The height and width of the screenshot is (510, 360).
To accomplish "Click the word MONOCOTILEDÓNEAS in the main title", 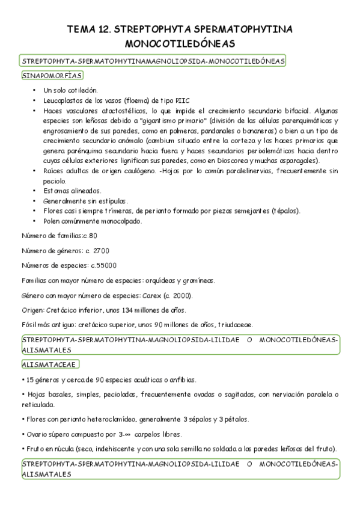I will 179,44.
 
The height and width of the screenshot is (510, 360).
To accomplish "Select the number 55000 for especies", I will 104,265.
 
